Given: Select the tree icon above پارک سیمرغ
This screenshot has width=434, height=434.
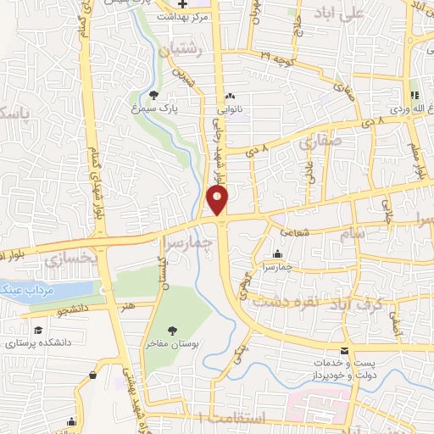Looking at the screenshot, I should point(153,95).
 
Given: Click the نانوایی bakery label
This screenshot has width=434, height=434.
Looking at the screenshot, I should point(231,108).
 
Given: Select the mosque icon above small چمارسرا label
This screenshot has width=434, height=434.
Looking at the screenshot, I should point(278,253).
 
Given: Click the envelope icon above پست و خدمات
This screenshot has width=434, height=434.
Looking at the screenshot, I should point(344,351).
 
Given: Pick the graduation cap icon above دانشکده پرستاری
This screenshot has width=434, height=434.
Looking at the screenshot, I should point(38,331).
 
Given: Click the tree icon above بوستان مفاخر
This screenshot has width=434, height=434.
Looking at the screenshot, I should point(172,329).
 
